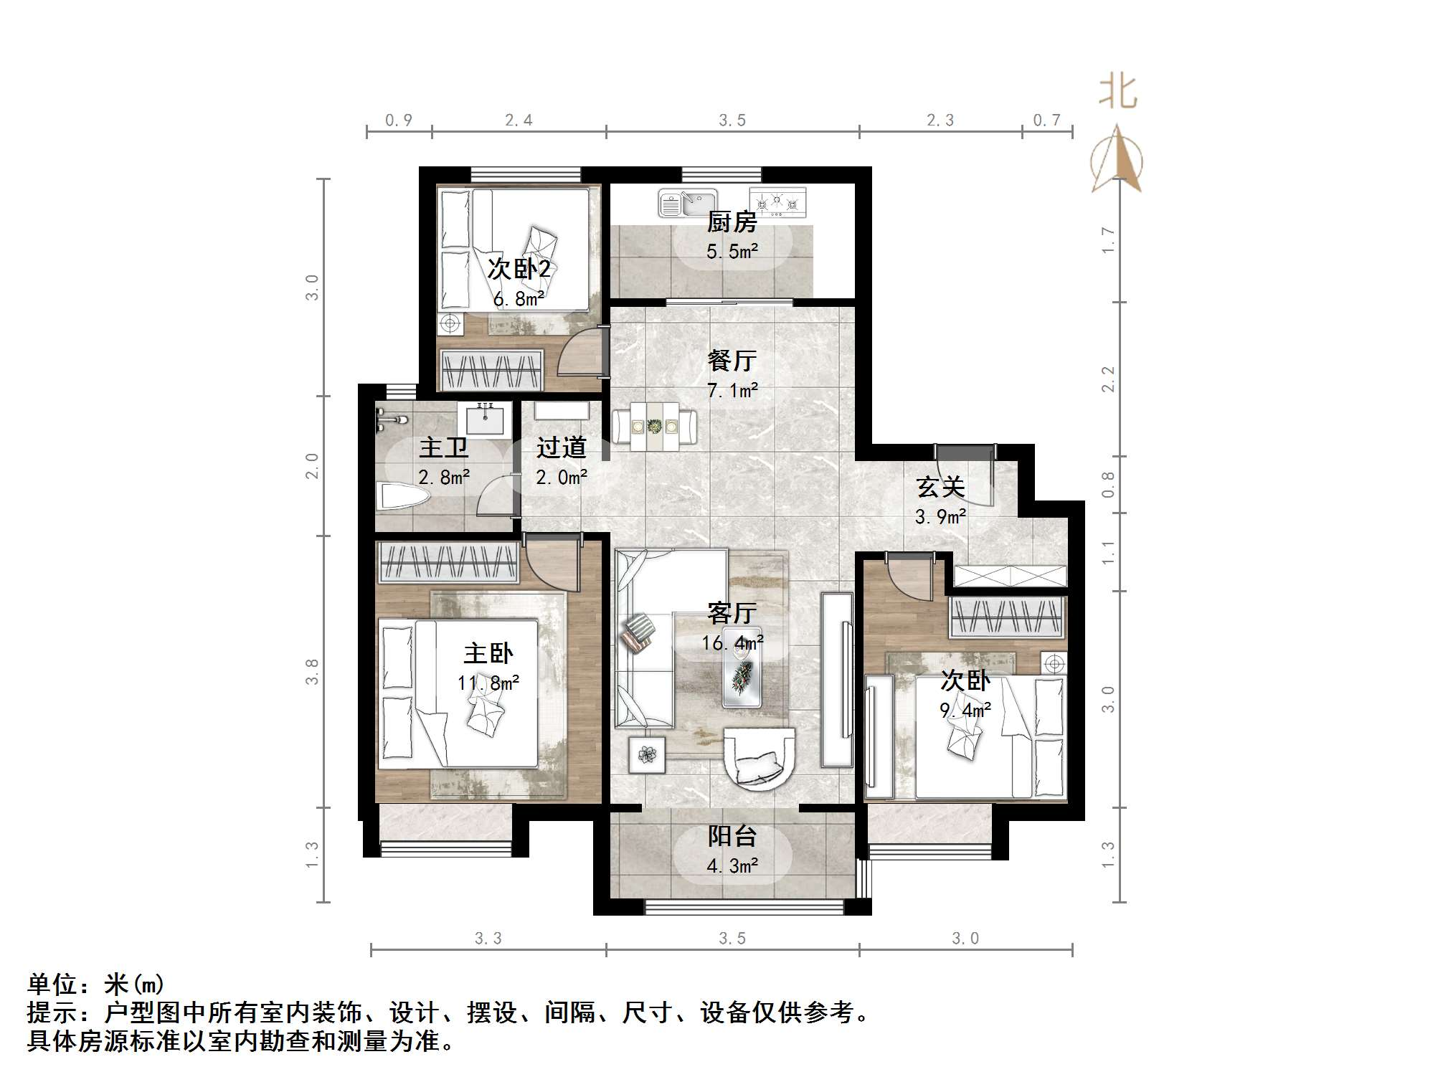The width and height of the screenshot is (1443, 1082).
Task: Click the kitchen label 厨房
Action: point(732,222)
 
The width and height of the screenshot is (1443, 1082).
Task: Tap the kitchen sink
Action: point(688,204)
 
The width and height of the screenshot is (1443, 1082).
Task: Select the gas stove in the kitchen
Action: point(777,201)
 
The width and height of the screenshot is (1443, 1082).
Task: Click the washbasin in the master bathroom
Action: point(486,419)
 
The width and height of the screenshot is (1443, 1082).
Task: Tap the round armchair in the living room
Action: point(759,759)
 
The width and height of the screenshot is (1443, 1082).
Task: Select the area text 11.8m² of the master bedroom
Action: point(488,683)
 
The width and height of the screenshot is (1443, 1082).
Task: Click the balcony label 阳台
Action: point(732,836)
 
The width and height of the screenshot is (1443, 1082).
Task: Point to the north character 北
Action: point(1118,92)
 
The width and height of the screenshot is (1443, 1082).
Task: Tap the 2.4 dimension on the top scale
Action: point(519,120)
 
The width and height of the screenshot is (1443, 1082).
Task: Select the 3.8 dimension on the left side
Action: point(312,672)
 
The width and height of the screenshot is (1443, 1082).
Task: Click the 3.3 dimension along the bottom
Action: point(488,939)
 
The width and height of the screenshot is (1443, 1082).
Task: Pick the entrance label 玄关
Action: point(940,488)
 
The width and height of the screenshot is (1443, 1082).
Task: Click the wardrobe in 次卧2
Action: point(491,370)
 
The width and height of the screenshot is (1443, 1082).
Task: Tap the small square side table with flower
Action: point(647,755)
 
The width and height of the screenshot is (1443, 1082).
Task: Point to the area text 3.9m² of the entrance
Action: point(940,517)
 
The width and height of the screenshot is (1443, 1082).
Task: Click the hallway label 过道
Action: point(561,448)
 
